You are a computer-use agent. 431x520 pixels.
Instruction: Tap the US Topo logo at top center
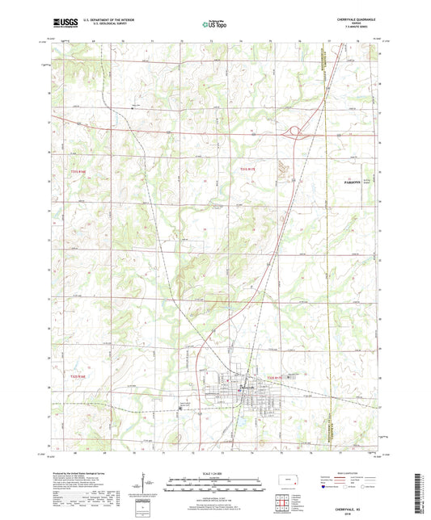214,24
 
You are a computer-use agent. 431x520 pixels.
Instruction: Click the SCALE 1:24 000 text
214,474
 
